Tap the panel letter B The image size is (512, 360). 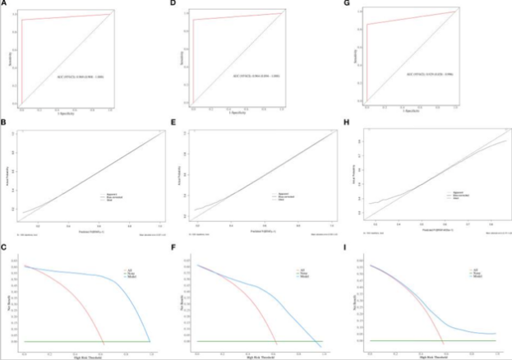(5, 123)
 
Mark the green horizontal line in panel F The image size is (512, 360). (247, 341)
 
